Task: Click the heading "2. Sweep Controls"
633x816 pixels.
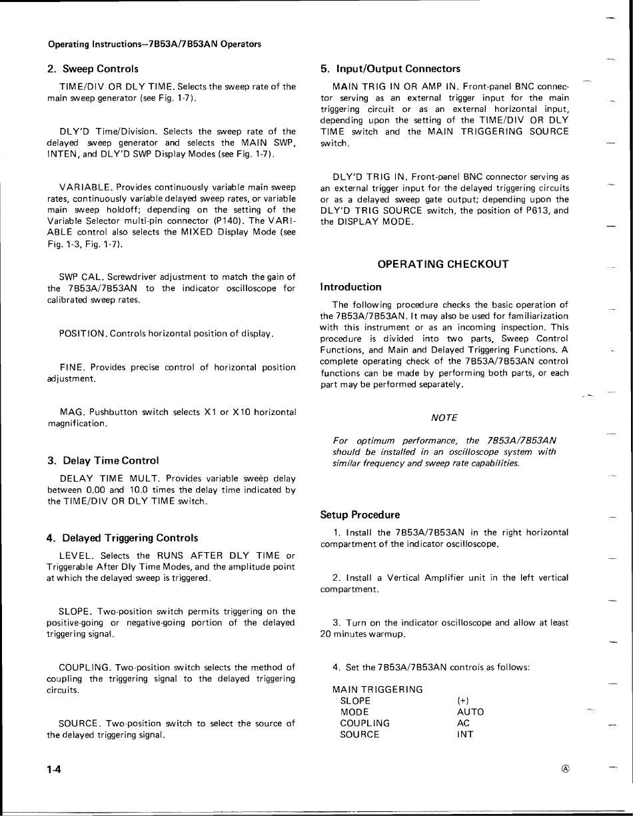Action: [93, 69]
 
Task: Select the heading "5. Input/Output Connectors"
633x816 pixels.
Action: [390, 69]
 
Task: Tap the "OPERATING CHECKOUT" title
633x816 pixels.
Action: [443, 264]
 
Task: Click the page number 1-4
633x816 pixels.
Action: [54, 769]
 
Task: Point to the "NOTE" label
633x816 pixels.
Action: [444, 418]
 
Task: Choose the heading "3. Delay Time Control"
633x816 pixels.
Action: [103, 460]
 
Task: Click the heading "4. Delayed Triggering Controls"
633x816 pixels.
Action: [122, 538]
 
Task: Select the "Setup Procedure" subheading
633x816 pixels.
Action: [360, 515]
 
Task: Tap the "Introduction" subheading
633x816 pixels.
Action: [350, 287]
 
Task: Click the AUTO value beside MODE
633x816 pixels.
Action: [470, 711]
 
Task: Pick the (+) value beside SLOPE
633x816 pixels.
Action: [463, 700]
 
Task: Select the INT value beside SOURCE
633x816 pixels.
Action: [465, 734]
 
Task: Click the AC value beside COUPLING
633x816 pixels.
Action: [464, 723]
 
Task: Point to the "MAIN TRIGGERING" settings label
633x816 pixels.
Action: [377, 689]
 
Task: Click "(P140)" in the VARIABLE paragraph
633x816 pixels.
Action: [228, 220]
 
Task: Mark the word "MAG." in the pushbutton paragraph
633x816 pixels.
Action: [71, 412]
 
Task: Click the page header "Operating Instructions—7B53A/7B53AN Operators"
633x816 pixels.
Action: [154, 44]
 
